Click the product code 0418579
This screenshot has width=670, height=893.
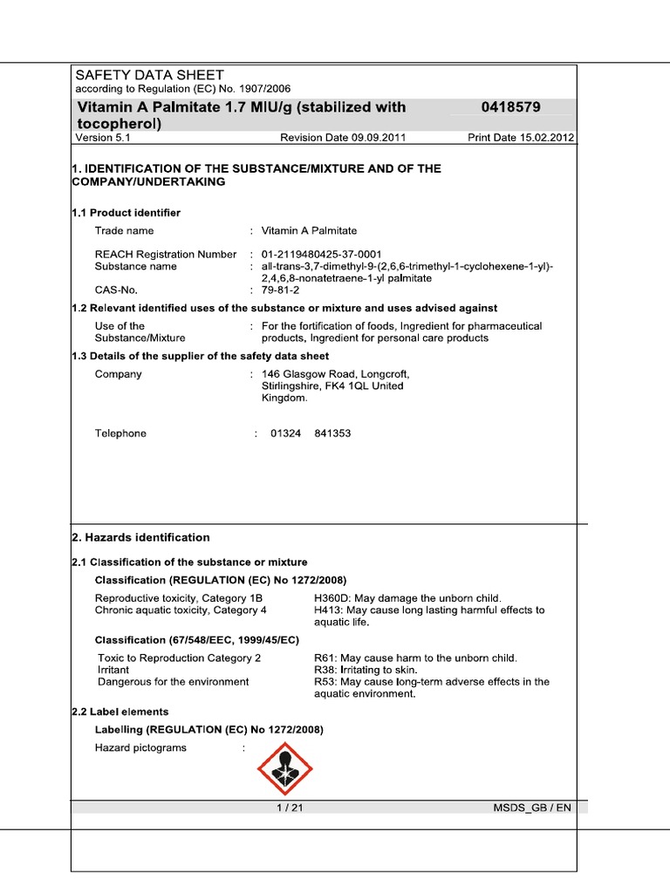point(510,107)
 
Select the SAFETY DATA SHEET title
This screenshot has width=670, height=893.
point(149,75)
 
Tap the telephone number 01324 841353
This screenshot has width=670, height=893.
point(311,433)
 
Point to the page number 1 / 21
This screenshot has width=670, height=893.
point(289,808)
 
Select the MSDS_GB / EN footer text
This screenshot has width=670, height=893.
point(532,808)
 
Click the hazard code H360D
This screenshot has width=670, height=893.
point(332,598)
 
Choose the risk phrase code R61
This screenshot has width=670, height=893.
point(325,658)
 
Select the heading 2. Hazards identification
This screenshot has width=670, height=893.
point(140,537)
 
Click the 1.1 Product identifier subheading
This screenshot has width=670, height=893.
point(126,212)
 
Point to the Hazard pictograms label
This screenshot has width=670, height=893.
point(140,748)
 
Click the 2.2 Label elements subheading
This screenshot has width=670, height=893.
point(120,712)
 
